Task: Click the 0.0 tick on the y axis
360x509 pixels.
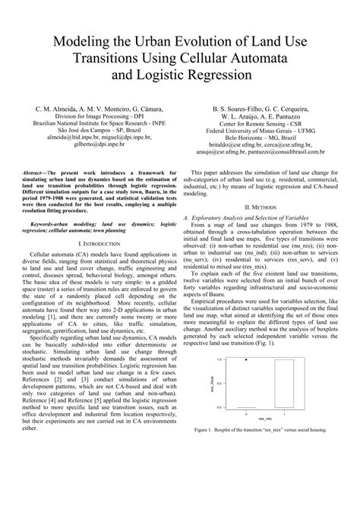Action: (x=227, y=407)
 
